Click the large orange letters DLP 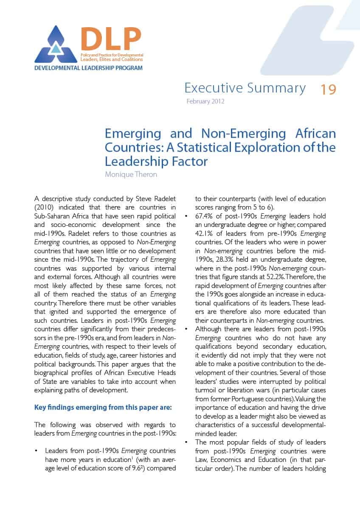point(110,39)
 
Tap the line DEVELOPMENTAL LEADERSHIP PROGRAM point(88,68)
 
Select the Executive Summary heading point(245,88)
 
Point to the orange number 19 point(328,89)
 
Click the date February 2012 point(205,101)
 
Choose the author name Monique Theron point(131,175)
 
